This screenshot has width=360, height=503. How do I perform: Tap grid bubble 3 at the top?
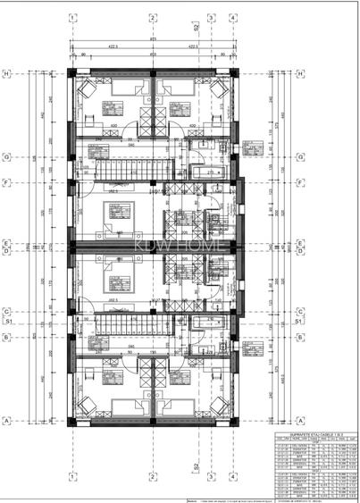tap(211, 16)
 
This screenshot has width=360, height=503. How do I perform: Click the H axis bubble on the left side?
tap(6, 73)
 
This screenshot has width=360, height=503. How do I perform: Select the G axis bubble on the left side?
tap(6, 155)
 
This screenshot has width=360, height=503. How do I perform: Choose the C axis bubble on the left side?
tap(6, 312)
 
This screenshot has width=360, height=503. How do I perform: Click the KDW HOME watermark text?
tap(172, 247)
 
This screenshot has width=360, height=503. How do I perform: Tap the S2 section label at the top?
tap(195, 28)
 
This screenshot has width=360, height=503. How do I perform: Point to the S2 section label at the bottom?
tap(195, 466)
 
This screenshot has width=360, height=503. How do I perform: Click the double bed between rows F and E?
tap(116, 214)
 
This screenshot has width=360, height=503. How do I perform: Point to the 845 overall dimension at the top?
tap(153, 38)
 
